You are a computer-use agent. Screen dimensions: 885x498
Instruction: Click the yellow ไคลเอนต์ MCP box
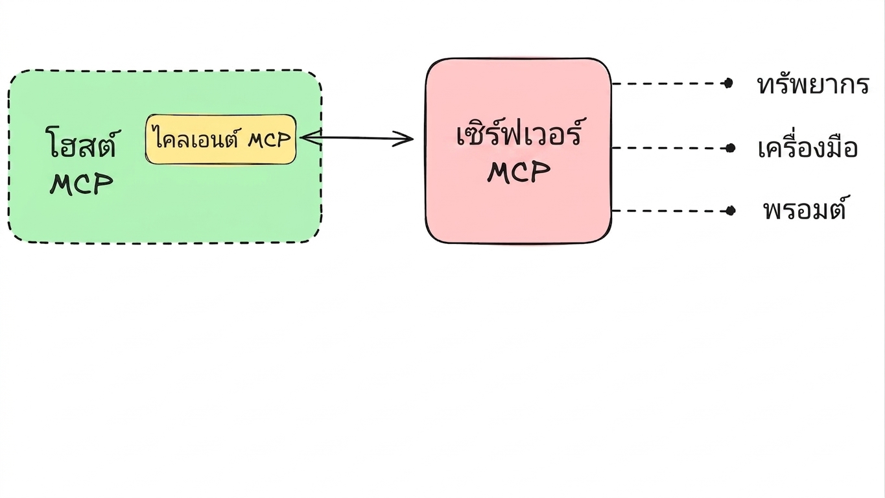point(221,139)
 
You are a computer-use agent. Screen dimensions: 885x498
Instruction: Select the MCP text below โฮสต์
point(82,184)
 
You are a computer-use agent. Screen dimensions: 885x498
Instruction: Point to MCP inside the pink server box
point(519,172)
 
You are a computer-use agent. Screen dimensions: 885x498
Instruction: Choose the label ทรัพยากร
point(813,84)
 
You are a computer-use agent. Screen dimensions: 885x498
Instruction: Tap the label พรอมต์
point(805,208)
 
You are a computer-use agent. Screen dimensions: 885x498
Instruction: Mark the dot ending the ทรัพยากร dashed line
point(728,84)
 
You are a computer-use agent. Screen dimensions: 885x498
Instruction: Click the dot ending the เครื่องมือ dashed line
point(730,148)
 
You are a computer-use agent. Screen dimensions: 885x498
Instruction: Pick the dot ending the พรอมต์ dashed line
point(731,211)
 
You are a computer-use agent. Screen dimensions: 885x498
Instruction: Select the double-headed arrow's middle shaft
point(357,138)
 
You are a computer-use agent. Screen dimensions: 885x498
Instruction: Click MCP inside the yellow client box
point(269,139)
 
